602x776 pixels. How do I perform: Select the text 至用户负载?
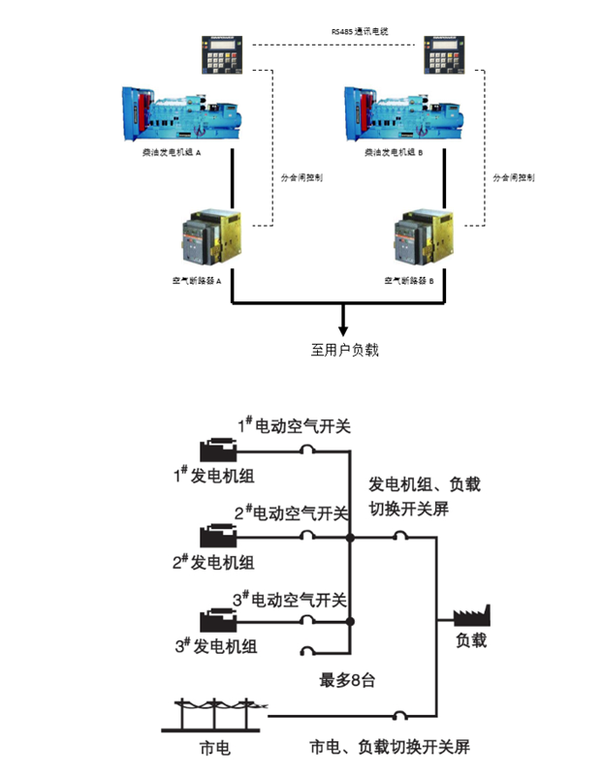(344, 350)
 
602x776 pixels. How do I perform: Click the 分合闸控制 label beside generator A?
(301, 178)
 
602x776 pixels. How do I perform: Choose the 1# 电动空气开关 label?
(290, 425)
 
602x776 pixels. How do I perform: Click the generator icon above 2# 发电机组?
(218, 535)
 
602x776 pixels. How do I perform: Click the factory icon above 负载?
(472, 617)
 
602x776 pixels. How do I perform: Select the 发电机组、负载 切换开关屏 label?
(425, 495)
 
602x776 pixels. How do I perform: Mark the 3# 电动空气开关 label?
(289, 601)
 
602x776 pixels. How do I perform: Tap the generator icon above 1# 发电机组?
(218, 450)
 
